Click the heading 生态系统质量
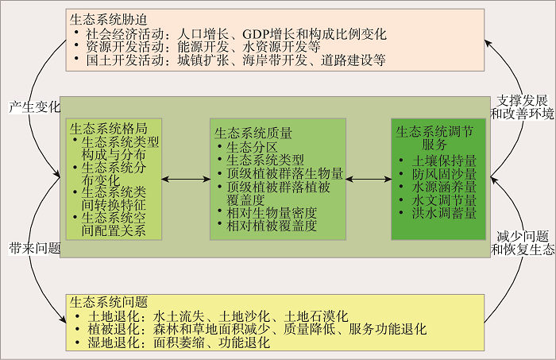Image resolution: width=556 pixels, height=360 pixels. click(x=253, y=132)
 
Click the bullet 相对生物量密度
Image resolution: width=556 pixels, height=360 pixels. click(x=272, y=213)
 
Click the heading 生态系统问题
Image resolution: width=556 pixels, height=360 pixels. click(x=108, y=303)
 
